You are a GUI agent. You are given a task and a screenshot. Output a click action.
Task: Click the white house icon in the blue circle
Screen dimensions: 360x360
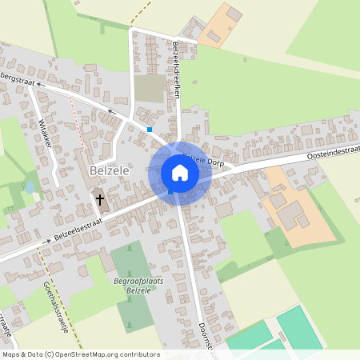point(180,172)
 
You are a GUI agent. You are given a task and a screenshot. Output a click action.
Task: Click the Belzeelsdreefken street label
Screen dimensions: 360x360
point(176,71)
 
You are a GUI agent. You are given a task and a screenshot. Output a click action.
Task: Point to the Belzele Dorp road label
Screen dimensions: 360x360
point(202,162)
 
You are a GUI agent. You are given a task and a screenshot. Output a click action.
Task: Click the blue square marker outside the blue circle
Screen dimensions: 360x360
point(150,129)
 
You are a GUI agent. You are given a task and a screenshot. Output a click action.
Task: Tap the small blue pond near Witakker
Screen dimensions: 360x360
point(30,187)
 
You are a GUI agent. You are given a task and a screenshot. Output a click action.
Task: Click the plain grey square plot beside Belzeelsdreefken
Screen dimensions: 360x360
point(150,89)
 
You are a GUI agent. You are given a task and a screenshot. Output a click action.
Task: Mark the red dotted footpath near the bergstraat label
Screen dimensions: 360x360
point(78,112)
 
